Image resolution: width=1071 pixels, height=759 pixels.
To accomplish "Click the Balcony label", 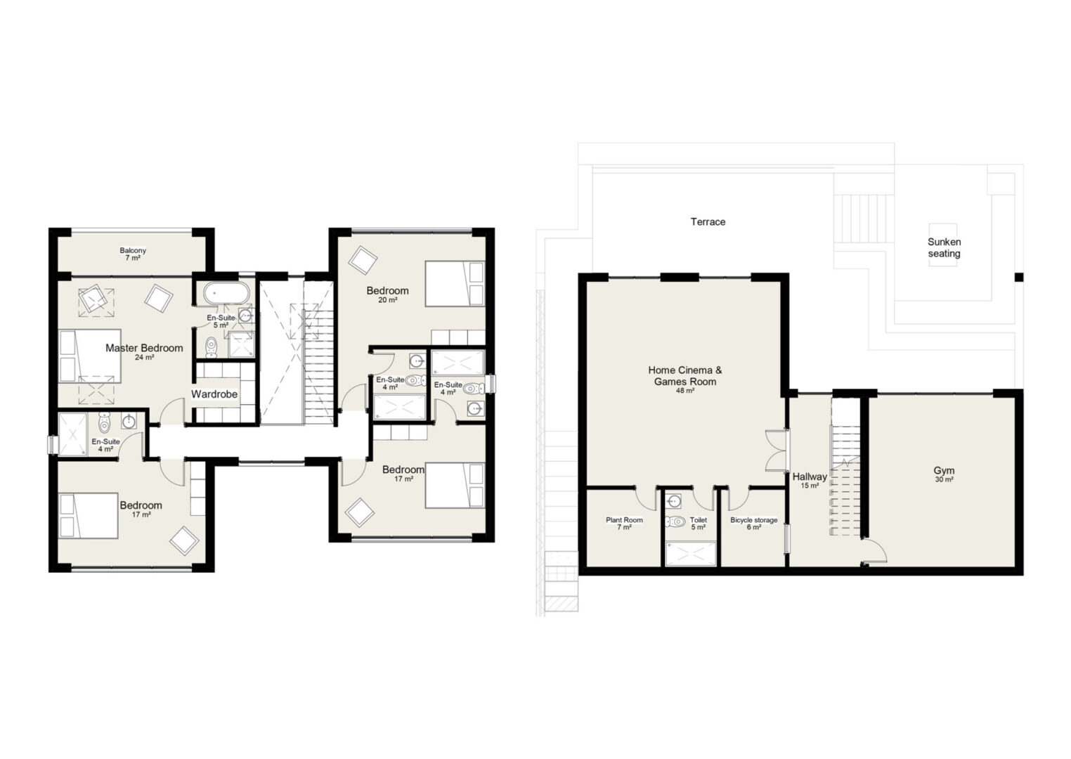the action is coord(133,250).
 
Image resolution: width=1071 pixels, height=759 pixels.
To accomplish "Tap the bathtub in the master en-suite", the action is coord(226,292).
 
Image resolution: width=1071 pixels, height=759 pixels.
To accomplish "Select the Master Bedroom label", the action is coord(144,348).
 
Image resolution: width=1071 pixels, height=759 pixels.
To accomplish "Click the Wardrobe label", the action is coord(214,394).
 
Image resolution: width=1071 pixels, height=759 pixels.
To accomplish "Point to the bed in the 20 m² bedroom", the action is coord(455,284).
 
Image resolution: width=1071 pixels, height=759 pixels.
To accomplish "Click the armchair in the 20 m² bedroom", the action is coord(363,260).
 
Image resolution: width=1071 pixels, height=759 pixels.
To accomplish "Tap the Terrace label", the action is coord(708,221).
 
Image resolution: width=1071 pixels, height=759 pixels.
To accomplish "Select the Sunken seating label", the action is coord(945,248).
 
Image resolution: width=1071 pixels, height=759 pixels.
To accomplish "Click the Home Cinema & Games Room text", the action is coord(685,375).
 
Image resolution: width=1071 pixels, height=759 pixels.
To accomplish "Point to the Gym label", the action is coord(945,471).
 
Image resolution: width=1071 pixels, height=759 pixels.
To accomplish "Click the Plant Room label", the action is coord(625,520).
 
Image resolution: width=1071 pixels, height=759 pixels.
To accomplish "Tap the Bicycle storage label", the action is coord(754,520).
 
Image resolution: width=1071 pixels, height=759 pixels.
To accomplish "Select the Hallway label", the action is coord(810,476).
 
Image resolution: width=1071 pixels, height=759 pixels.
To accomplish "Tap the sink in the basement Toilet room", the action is coord(674,501).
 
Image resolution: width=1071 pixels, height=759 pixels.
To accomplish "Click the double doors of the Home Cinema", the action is coord(776,451).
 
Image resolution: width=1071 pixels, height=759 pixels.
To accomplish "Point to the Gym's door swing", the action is coord(876,550).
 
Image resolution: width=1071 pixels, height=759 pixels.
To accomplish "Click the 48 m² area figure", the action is coord(685,390).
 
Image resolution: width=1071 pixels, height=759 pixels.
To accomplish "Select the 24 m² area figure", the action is coord(144,357).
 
